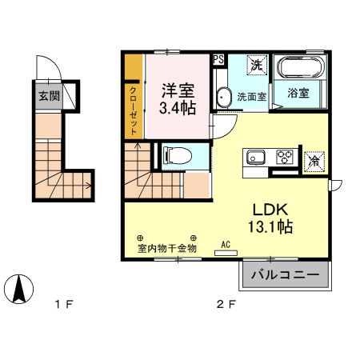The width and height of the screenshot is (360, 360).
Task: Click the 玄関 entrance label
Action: coord(49,96)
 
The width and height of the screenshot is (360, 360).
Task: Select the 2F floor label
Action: coord(226,304)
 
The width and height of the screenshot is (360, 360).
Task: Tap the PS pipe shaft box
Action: coord(218,59)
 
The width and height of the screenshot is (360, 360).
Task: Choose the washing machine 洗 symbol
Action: coord(258,64)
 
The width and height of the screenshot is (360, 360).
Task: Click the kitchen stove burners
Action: coord(284,156)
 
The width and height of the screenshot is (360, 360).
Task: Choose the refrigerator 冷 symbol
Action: coord(316,161)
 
